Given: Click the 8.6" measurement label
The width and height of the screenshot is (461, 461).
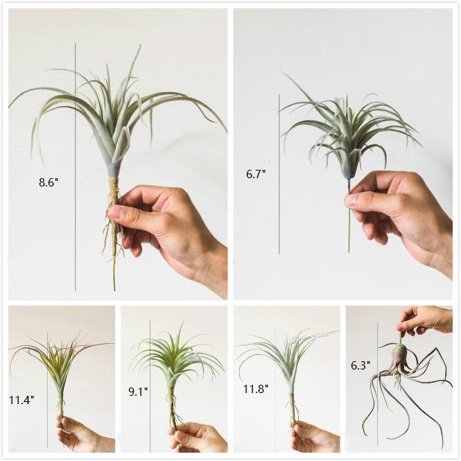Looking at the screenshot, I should [49, 183].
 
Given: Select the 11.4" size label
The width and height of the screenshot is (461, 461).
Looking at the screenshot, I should [21, 399].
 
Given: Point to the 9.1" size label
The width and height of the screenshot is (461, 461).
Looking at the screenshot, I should [138, 392].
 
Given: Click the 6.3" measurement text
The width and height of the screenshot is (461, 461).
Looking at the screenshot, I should [360, 363].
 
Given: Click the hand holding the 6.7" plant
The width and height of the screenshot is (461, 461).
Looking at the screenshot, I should [402, 208].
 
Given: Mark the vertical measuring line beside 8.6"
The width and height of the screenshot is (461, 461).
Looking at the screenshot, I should [76, 104].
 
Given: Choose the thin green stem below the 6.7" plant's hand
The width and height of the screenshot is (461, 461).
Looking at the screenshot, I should [349, 236].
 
